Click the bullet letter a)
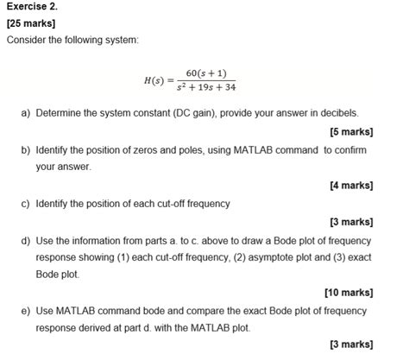(26, 113)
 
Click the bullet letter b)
(26, 150)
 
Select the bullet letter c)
(26, 205)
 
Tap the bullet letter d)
(26, 241)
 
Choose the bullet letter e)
(26, 311)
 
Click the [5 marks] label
(350, 132)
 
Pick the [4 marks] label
(350, 186)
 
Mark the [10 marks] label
(348, 293)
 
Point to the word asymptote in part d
(274, 257)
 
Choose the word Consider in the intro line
(27, 41)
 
